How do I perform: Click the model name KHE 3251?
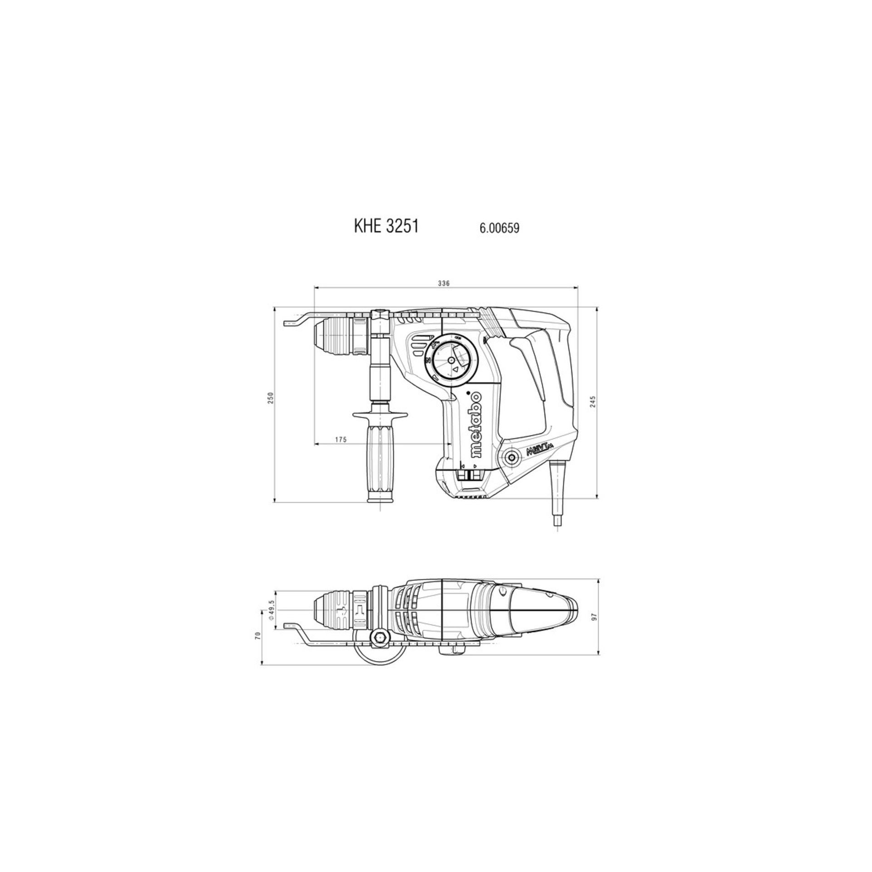(x=386, y=227)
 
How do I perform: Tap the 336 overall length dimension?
(x=443, y=283)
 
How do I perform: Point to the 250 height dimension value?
(x=271, y=386)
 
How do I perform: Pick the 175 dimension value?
(x=341, y=439)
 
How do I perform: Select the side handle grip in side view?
(x=380, y=459)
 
